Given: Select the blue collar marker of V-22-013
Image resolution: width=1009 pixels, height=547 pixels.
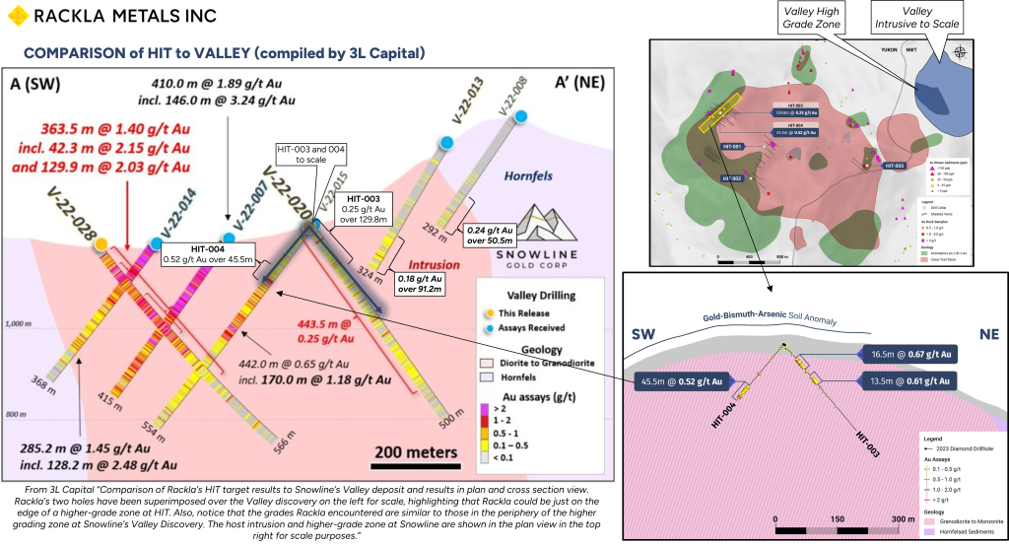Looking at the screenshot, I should pos(445,144).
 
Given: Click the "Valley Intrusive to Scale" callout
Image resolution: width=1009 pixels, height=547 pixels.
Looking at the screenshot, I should pos(918,17).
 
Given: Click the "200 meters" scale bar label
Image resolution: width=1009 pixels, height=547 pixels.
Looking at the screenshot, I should pos(417,452).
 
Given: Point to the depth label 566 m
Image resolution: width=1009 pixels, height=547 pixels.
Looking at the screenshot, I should pos(284,441).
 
